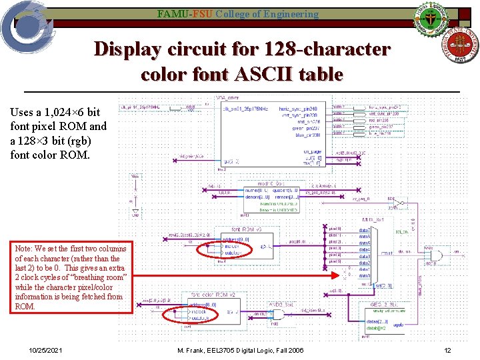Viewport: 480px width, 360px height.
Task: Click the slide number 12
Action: (x=448, y=351)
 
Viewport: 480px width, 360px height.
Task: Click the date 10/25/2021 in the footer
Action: (x=46, y=351)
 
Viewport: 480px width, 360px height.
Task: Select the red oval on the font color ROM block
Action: (x=188, y=311)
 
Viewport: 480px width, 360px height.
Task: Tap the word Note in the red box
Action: (x=25, y=249)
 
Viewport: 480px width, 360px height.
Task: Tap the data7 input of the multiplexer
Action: (x=364, y=230)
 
